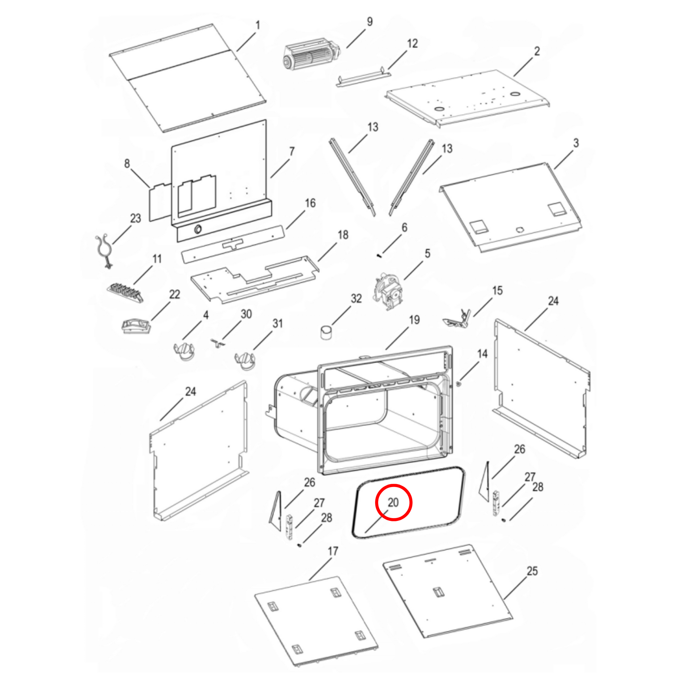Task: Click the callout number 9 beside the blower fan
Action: coord(370,21)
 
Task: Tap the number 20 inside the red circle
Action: coord(393,502)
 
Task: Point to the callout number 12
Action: coord(413,44)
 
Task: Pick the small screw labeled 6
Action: coord(379,256)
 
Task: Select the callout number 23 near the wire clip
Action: coord(136,219)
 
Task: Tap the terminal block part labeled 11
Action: coord(125,292)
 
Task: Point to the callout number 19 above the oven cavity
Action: coord(414,320)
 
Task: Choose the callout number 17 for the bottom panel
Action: coord(333,551)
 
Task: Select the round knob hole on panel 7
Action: coord(197,229)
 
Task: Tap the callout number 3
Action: coord(576,143)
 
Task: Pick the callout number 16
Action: coord(310,203)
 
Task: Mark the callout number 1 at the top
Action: coord(258,25)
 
